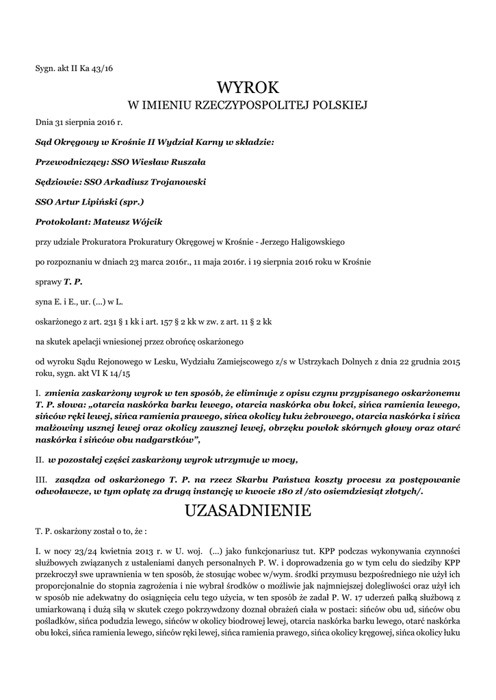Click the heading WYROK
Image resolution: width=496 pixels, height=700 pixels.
248,87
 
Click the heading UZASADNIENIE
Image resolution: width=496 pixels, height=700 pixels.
248,511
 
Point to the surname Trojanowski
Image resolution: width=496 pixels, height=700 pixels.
174,182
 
